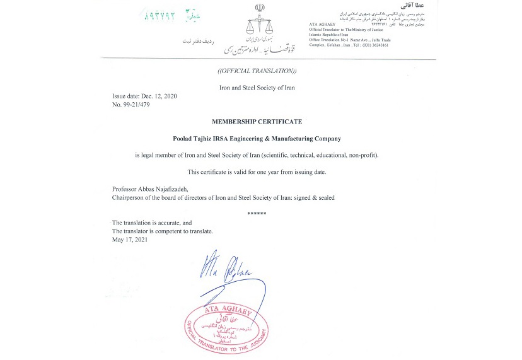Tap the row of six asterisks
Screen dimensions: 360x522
coord(257,214)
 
